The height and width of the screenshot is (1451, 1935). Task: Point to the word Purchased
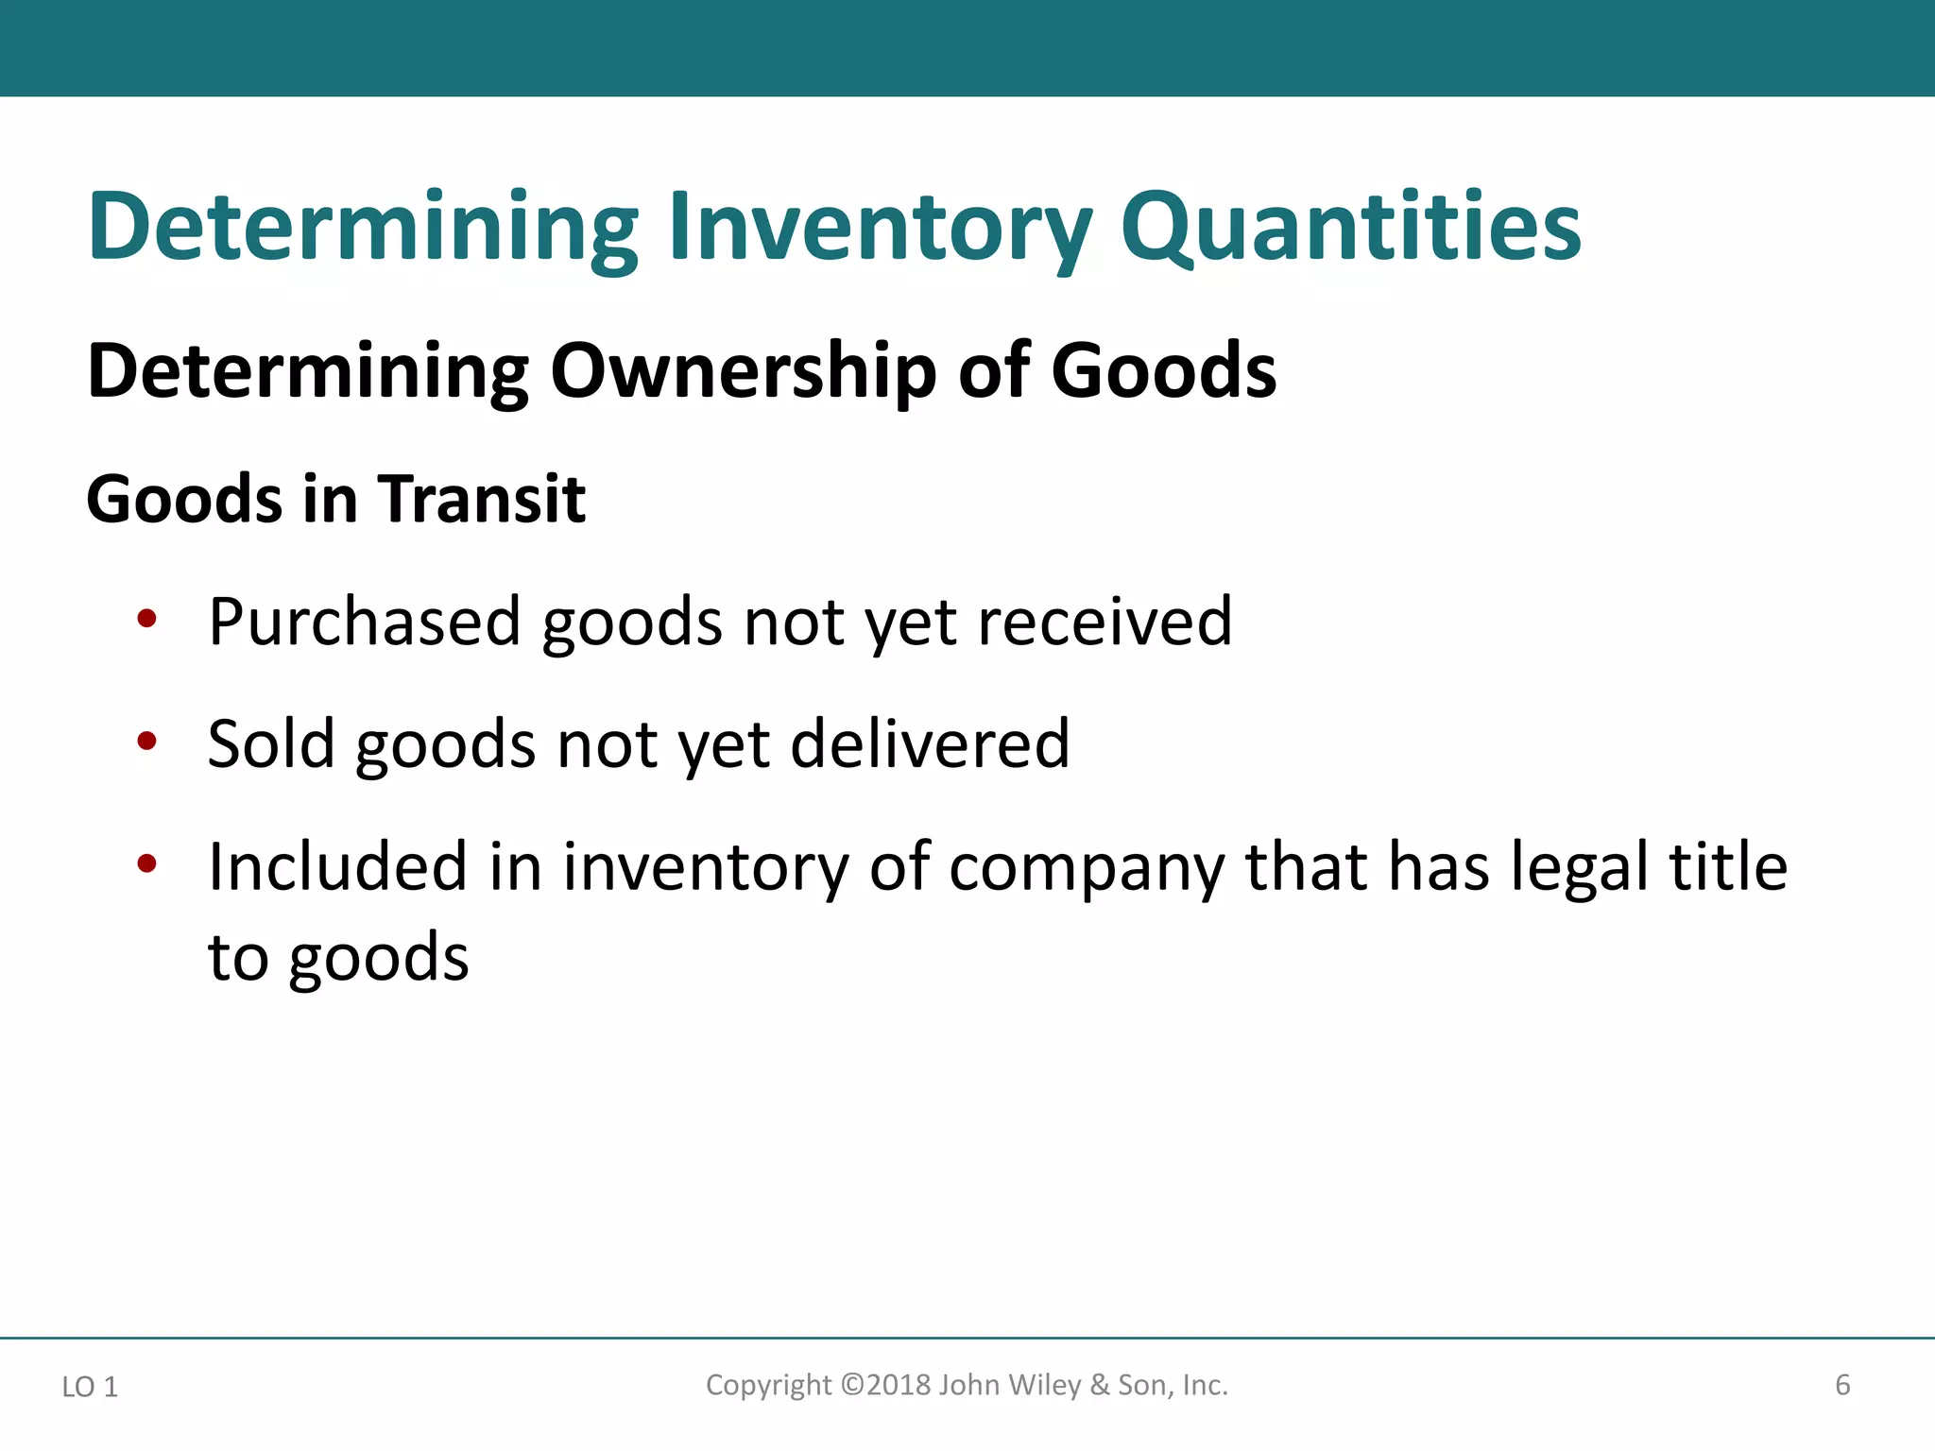coord(365,623)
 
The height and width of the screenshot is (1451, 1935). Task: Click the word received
coord(1104,623)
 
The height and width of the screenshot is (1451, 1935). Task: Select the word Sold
coord(271,744)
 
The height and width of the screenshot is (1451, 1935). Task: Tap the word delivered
coord(930,744)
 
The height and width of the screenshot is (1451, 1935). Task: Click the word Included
coord(337,866)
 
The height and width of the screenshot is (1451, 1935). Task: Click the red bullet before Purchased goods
coord(146,620)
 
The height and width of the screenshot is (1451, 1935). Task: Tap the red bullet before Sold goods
coord(146,742)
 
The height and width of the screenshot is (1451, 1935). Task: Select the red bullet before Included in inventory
coord(146,863)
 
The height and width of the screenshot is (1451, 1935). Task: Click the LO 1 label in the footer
coord(90,1387)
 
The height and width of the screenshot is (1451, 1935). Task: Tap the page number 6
coord(1841,1386)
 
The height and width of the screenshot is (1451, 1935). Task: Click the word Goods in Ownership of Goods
coord(1163,370)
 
